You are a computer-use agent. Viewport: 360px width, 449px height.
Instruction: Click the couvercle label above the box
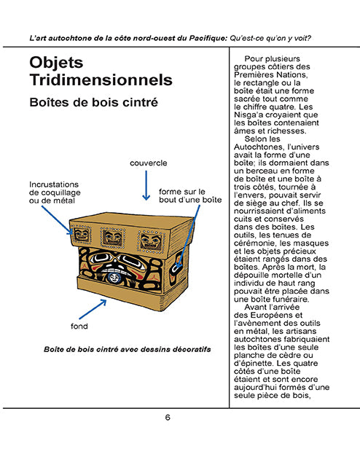(x=148, y=162)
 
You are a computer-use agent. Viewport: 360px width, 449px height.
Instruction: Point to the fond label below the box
(x=79, y=326)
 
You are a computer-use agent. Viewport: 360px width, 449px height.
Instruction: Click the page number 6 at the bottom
(x=168, y=418)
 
